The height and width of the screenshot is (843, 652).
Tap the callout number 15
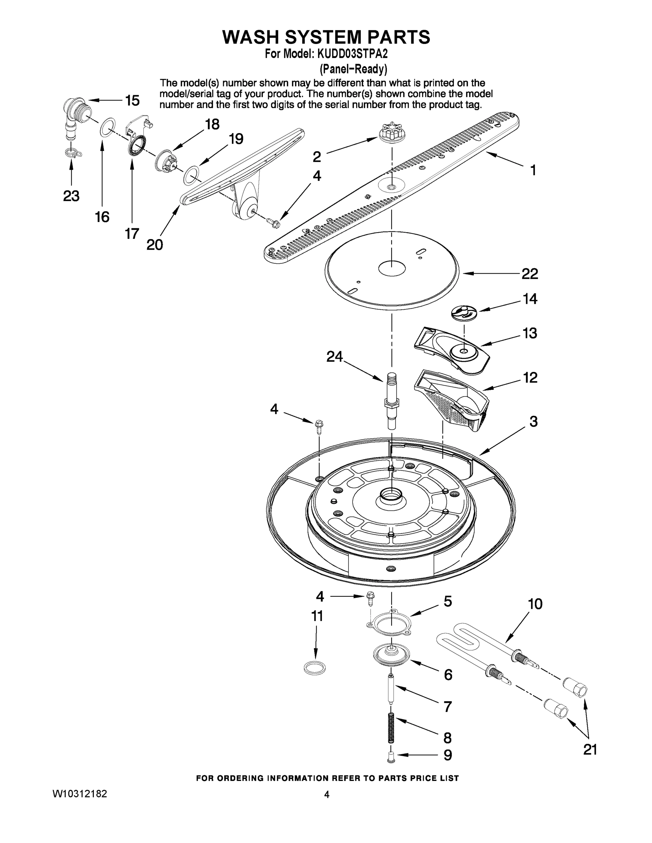click(x=132, y=101)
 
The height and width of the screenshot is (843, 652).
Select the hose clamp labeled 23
click(x=72, y=152)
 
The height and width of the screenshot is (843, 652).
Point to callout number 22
click(x=529, y=274)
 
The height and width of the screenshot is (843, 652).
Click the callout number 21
click(x=590, y=750)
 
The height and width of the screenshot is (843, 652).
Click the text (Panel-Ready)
click(x=353, y=69)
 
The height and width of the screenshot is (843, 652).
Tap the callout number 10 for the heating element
click(x=535, y=604)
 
